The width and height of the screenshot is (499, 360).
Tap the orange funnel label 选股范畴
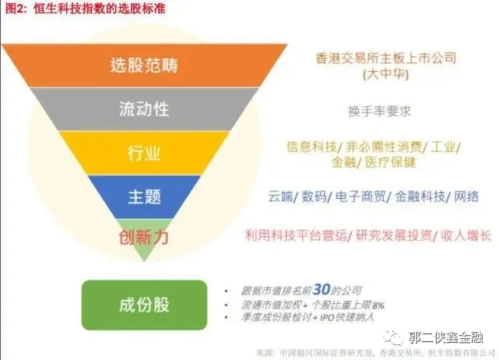coord(144,65)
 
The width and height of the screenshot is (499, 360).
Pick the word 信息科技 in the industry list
coord(311,146)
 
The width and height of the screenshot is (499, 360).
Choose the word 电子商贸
coord(363,196)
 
